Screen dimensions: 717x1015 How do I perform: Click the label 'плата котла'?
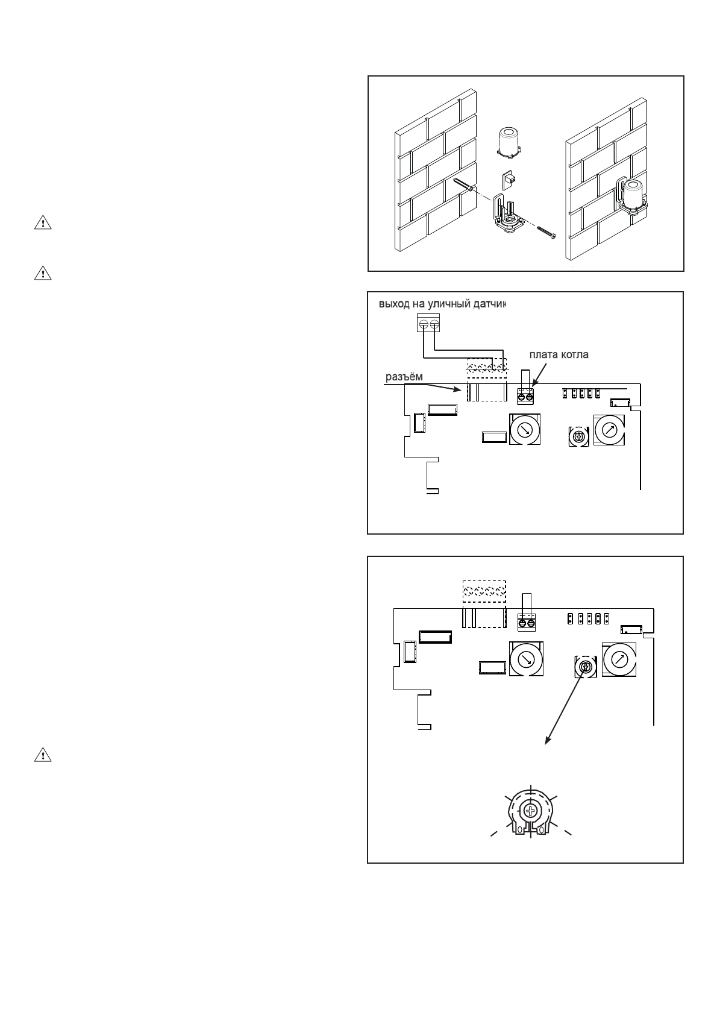click(559, 355)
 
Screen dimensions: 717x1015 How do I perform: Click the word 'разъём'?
click(404, 377)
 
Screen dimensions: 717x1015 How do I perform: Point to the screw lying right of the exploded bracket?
click(543, 231)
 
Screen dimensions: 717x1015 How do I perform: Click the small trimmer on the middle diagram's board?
click(579, 436)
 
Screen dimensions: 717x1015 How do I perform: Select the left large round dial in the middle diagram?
click(525, 429)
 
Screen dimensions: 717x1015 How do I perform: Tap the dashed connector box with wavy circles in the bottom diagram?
click(484, 591)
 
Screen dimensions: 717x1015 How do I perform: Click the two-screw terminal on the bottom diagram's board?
click(526, 622)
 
